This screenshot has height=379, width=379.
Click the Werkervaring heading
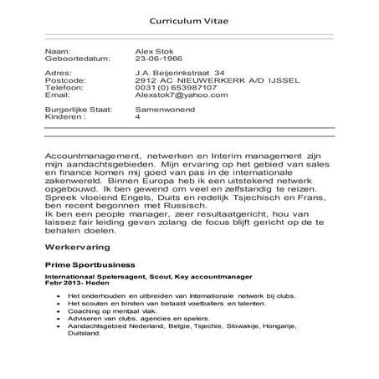point(80,248)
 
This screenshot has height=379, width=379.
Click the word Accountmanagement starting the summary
point(92,156)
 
